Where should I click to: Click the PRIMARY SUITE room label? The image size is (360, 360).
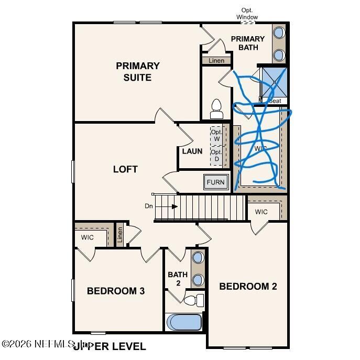click(137, 72)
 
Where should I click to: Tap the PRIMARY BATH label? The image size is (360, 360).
click(248, 43)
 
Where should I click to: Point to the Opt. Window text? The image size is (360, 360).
click(247, 14)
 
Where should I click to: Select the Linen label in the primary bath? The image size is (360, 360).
click(216, 61)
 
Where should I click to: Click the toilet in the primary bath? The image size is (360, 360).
click(216, 109)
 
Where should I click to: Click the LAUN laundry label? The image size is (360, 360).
click(192, 151)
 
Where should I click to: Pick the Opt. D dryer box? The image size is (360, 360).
click(216, 156)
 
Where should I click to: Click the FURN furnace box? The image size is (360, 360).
click(215, 182)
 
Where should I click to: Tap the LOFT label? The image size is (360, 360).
click(125, 169)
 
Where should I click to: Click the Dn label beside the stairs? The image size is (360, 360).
click(149, 206)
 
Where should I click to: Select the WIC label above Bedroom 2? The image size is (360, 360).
click(261, 212)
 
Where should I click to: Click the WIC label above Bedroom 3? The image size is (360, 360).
click(87, 237)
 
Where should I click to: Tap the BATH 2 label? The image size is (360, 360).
click(178, 279)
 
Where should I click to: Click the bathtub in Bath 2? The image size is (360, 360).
click(184, 322)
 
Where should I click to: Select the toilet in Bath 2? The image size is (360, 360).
click(195, 300)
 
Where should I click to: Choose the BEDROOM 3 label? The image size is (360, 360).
click(116, 291)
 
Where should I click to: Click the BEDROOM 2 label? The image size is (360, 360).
click(248, 286)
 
